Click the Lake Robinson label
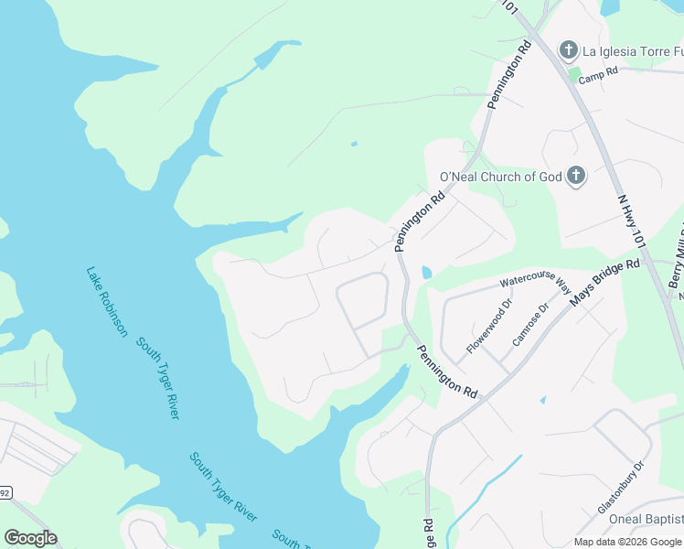point(106,302)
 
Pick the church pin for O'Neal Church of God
point(576,176)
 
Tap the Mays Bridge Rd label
point(604,284)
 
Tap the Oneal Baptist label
point(648,520)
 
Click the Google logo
point(30,538)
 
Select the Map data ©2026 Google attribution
point(627,542)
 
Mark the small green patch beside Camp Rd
point(574,75)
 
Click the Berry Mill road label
point(676,260)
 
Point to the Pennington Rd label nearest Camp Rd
point(510,73)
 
